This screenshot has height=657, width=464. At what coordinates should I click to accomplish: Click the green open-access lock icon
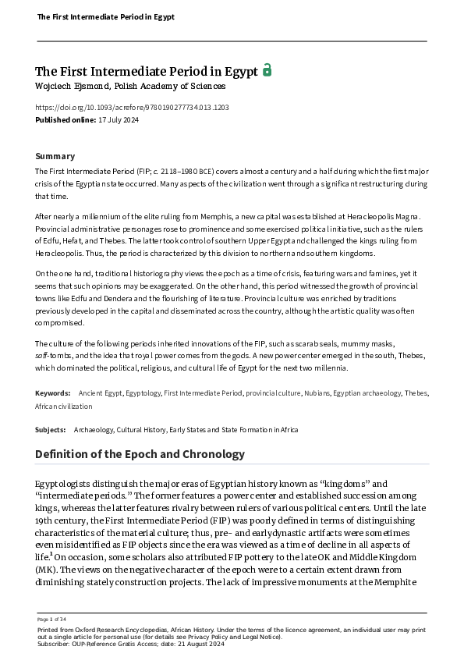click(x=267, y=70)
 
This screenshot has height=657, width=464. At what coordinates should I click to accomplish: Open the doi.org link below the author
click(x=132, y=108)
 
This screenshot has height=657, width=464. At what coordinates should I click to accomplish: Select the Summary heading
click(x=55, y=156)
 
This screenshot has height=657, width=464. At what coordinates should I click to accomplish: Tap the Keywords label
click(x=53, y=393)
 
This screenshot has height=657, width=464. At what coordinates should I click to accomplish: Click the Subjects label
click(x=51, y=430)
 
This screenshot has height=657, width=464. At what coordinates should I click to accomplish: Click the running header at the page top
click(x=105, y=16)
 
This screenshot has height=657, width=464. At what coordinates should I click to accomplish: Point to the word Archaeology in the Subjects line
click(x=94, y=430)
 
